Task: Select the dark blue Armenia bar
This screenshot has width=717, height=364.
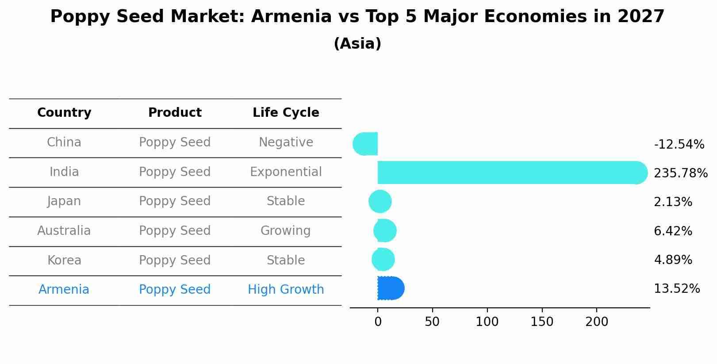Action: (x=391, y=288)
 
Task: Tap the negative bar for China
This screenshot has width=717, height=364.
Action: (x=366, y=144)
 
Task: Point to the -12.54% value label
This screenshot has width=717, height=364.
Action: (x=679, y=145)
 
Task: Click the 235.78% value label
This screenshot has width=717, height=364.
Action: (x=680, y=173)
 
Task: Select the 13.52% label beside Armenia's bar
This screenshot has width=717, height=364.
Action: (x=676, y=289)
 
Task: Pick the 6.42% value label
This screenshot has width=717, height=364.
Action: (x=672, y=231)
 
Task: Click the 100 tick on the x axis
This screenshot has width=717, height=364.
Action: (x=487, y=322)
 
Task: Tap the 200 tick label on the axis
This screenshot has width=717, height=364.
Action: (x=596, y=322)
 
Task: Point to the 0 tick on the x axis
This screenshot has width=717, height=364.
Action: (x=378, y=322)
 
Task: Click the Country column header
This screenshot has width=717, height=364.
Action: (x=64, y=113)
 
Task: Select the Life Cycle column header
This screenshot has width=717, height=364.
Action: (x=286, y=113)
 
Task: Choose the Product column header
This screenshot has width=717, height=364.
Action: (x=175, y=113)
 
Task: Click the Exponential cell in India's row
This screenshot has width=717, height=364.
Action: (x=286, y=172)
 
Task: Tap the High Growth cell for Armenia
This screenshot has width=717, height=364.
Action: (x=286, y=290)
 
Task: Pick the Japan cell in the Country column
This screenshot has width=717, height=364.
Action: (x=64, y=201)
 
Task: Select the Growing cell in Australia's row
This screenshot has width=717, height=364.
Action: (x=285, y=231)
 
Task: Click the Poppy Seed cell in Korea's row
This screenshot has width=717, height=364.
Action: (x=175, y=261)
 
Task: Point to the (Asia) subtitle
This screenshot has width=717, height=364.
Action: (x=357, y=44)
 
